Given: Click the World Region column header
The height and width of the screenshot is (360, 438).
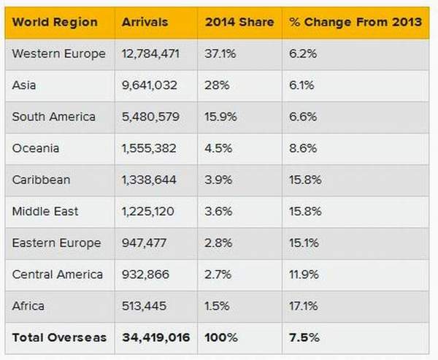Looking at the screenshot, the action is tap(55, 23).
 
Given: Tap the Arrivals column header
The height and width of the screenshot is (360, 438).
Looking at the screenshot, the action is tap(145, 23).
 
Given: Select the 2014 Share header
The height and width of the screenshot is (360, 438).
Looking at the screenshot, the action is tap(239, 23).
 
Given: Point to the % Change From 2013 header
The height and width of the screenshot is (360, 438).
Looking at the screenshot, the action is tap(356, 23).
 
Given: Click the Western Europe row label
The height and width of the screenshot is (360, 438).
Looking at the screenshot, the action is tap(58, 53).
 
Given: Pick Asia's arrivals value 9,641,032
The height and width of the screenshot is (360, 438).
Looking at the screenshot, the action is tap(150, 85).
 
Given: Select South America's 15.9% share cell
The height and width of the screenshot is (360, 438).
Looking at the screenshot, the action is tap(220, 117).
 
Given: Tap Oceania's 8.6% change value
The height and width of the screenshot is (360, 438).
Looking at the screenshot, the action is tap(303, 148).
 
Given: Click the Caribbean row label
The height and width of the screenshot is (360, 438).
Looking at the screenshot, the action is tap(41, 180).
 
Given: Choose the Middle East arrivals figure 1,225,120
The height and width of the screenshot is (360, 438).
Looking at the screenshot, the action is tap(148, 211).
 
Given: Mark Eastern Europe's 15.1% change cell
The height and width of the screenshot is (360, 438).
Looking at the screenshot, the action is tap(304, 243).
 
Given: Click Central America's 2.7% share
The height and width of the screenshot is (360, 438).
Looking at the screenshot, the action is tap(218, 275).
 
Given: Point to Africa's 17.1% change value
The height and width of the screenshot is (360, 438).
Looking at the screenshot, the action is tap(304, 306).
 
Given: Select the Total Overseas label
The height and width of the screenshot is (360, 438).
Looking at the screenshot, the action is tap(59, 337).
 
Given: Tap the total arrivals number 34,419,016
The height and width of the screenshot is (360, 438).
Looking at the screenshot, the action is tap(156, 337).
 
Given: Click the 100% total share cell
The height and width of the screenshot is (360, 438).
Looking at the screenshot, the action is tap(221, 337).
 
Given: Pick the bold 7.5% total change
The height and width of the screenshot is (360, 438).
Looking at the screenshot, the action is tap(304, 337).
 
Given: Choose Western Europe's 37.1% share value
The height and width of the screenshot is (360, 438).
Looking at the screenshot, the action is tap(220, 53).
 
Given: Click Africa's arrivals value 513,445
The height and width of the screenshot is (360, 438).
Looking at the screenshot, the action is tap(144, 306).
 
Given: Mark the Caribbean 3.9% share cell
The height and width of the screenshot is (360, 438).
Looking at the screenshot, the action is tap(218, 180).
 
